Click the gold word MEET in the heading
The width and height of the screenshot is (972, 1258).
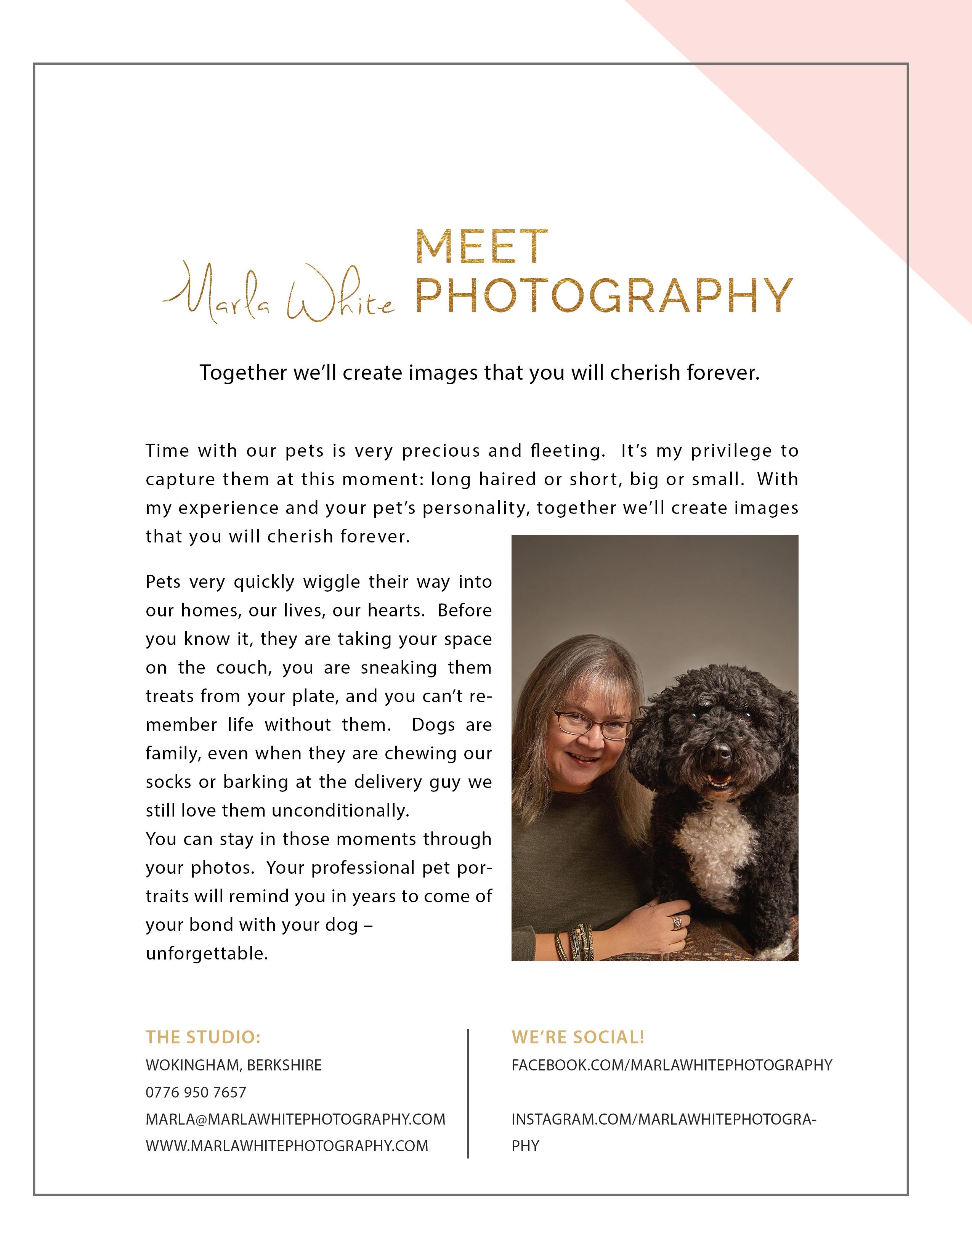481,248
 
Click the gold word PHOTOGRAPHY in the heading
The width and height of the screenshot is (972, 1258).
603,297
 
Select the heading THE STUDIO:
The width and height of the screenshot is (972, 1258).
203,1037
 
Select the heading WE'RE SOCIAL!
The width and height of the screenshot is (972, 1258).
577,1037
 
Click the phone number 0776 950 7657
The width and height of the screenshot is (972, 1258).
196,1092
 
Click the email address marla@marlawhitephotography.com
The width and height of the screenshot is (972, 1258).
295,1119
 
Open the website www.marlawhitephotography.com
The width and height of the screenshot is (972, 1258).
287,1146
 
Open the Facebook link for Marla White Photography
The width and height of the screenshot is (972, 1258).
671,1065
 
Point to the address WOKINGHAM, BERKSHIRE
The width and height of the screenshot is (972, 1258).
234,1065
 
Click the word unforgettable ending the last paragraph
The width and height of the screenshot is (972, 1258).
207,953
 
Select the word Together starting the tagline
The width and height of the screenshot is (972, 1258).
243,373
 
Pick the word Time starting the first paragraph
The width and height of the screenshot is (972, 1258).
167,451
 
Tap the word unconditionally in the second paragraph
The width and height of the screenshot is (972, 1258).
340,810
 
